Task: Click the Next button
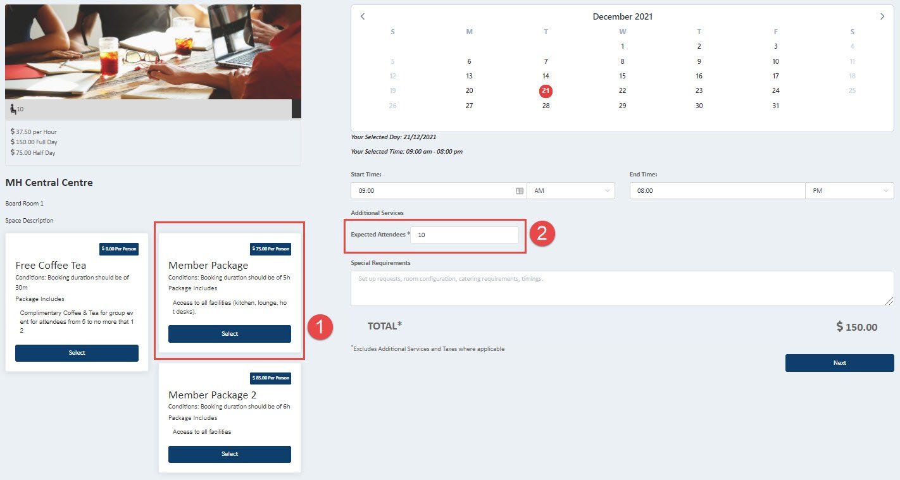click(x=839, y=363)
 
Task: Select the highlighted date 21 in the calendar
click(x=546, y=90)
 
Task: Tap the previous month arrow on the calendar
click(x=363, y=16)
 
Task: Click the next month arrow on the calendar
click(x=882, y=16)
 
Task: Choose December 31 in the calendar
click(x=775, y=106)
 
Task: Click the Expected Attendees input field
click(x=465, y=235)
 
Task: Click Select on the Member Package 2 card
click(x=229, y=454)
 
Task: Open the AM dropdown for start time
click(x=570, y=190)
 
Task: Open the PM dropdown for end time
click(x=849, y=190)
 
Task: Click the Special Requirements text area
click(x=622, y=288)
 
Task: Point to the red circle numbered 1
click(x=320, y=327)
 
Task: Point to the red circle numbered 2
click(x=542, y=233)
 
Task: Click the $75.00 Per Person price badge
click(x=270, y=249)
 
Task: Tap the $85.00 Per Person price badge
click(x=270, y=378)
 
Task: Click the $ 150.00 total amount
click(x=856, y=327)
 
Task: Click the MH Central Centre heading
click(x=49, y=183)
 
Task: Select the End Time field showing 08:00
click(x=717, y=190)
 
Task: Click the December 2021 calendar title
click(x=622, y=16)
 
